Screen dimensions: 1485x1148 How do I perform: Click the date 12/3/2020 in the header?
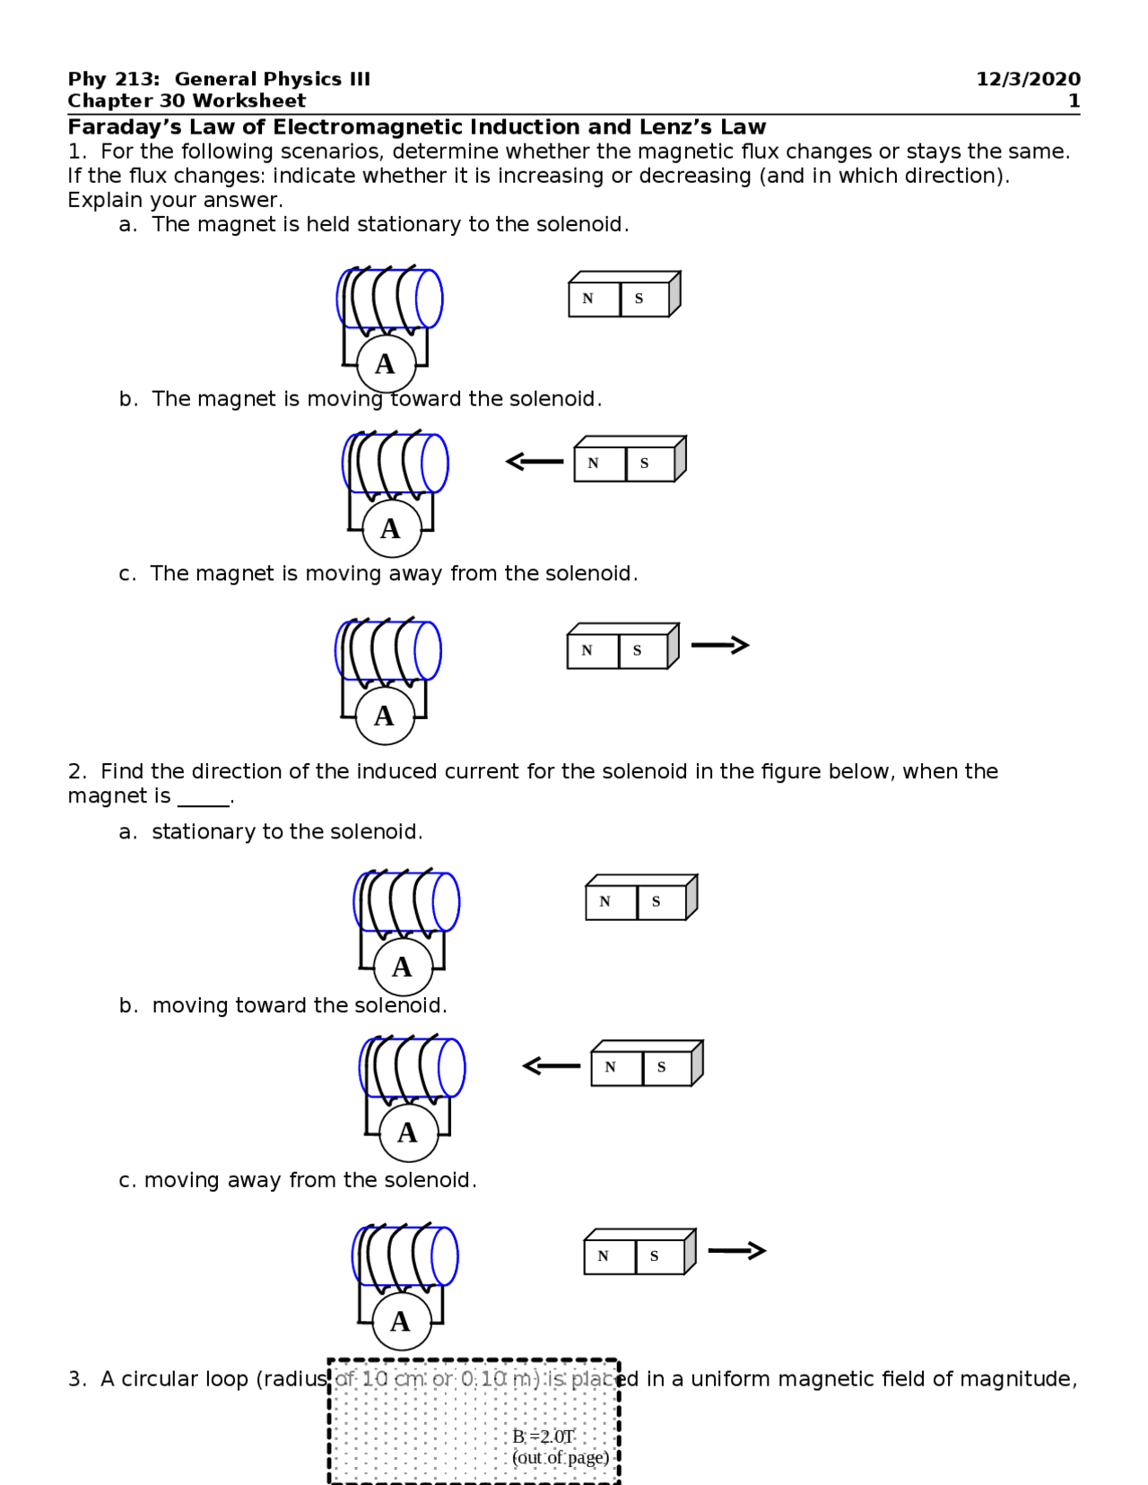(x=1028, y=79)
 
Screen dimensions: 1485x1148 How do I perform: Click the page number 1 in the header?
(x=1074, y=101)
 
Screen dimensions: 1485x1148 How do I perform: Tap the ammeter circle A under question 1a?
(x=386, y=364)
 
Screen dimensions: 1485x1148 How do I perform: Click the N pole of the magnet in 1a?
(x=588, y=300)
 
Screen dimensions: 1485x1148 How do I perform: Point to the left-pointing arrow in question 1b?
(x=535, y=462)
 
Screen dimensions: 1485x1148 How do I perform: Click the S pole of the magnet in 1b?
(x=645, y=464)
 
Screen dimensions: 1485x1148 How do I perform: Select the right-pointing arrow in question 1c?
(x=720, y=645)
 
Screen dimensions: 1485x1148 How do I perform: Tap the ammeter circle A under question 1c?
(x=385, y=716)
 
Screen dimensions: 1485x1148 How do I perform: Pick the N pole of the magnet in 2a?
(x=605, y=902)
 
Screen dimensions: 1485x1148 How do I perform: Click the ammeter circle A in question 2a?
(x=403, y=967)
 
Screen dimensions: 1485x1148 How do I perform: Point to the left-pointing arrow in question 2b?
(x=552, y=1065)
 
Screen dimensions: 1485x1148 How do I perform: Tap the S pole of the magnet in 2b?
(x=662, y=1068)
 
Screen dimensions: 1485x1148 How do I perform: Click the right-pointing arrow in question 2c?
(x=737, y=1250)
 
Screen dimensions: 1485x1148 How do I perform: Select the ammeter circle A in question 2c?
(x=401, y=1321)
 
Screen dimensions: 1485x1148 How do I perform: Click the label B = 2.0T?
(x=543, y=1437)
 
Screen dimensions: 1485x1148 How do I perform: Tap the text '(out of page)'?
(x=561, y=1458)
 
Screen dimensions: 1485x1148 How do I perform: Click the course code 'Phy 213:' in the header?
(x=113, y=79)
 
